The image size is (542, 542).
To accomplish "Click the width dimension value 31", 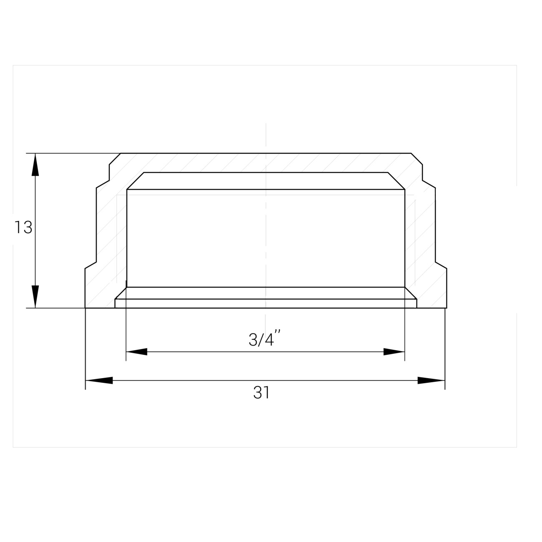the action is [261, 392].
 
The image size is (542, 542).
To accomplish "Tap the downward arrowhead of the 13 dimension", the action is [35, 296].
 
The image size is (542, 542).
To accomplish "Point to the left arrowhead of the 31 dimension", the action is [99, 381].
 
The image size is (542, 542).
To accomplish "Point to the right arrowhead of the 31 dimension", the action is [431, 381].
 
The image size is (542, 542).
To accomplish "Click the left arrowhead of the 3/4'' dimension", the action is [137, 351].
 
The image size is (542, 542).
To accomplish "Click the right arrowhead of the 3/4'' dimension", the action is [394, 351].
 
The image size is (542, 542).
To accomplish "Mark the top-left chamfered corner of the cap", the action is [115, 159].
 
